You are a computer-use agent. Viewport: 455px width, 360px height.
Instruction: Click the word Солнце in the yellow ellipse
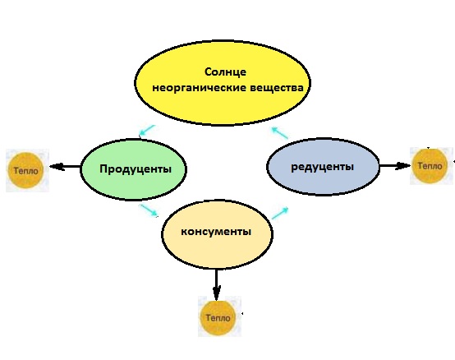(225, 72)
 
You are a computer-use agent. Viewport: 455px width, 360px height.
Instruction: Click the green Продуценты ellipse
(133, 169)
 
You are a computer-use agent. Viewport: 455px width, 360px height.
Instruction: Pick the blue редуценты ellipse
(323, 166)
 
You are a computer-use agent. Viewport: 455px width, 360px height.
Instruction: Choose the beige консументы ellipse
(217, 234)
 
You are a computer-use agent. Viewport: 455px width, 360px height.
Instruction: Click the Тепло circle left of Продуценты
(26, 170)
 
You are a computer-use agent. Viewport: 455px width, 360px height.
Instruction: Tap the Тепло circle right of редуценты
(430, 166)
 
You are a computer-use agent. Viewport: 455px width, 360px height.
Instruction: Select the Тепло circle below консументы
(218, 317)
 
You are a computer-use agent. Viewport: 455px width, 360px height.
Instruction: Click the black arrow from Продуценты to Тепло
(65, 167)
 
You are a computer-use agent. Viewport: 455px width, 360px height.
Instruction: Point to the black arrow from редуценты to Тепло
(395, 166)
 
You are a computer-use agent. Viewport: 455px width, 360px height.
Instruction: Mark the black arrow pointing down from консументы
(216, 285)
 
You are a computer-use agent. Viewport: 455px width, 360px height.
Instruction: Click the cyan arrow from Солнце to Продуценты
(147, 131)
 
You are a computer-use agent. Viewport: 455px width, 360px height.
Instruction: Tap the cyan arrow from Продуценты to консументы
(149, 210)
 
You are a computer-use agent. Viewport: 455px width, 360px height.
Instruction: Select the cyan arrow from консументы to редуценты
(280, 213)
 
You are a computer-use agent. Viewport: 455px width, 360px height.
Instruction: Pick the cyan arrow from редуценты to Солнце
(280, 132)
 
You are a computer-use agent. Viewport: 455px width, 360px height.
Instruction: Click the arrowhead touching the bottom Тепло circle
(217, 293)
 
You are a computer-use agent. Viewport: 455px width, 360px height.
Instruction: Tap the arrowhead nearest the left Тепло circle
(57, 167)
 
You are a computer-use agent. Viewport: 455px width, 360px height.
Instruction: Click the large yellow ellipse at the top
(223, 83)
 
